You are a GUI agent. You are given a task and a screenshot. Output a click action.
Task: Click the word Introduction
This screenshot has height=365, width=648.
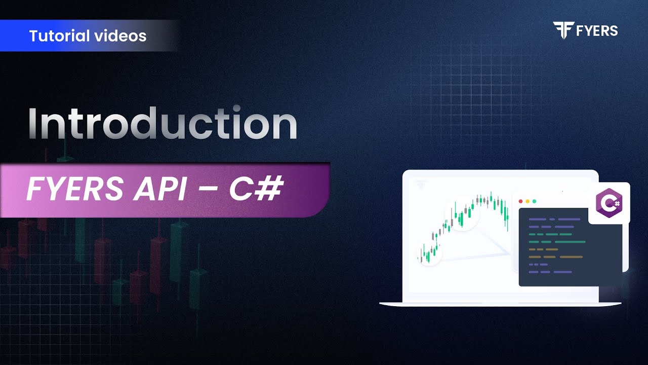point(162,124)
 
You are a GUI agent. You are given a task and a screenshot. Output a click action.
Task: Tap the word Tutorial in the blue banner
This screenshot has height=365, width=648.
point(55,36)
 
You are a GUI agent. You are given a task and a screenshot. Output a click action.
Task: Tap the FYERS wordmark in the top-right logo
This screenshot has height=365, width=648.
point(597,30)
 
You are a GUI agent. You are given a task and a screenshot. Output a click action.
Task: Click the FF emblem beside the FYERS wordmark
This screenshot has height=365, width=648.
point(562,30)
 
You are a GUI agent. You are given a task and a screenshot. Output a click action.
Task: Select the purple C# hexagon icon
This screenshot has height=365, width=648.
point(609,203)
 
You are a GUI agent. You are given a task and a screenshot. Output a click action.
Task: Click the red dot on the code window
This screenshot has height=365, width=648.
point(521,201)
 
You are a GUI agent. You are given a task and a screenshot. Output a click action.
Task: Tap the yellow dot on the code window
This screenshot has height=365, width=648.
point(528,201)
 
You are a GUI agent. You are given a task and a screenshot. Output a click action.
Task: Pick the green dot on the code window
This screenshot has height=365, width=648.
point(534,201)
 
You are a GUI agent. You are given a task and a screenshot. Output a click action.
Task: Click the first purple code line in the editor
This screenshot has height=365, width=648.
point(554,220)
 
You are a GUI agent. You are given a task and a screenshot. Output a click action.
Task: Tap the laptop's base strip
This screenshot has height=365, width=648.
point(500,304)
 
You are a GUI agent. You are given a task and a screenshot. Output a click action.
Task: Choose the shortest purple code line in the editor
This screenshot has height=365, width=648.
point(538,265)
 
